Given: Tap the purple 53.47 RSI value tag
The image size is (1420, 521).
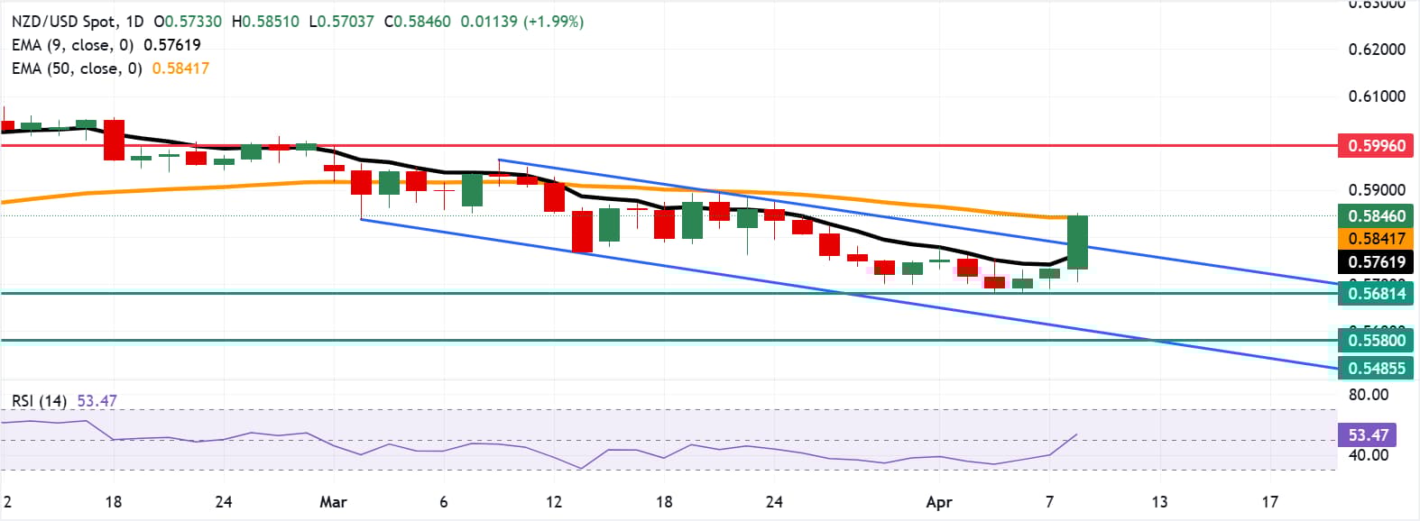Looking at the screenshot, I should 1368,434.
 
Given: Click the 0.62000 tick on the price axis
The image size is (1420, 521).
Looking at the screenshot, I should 1377,50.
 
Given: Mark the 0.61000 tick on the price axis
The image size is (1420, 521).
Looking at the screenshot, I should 1377,96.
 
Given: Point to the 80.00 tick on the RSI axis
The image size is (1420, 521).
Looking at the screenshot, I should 1368,395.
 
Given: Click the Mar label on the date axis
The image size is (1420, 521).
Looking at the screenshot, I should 333,502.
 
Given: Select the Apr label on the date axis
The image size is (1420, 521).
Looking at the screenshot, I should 939,502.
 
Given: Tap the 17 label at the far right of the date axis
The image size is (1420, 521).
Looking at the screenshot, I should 1269,502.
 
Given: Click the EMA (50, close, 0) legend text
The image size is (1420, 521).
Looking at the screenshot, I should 77,69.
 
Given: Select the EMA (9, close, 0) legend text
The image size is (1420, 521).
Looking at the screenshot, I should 72,45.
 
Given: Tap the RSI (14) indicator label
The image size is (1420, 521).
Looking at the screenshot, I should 39,401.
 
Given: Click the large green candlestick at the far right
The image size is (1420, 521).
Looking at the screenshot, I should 1077,242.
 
